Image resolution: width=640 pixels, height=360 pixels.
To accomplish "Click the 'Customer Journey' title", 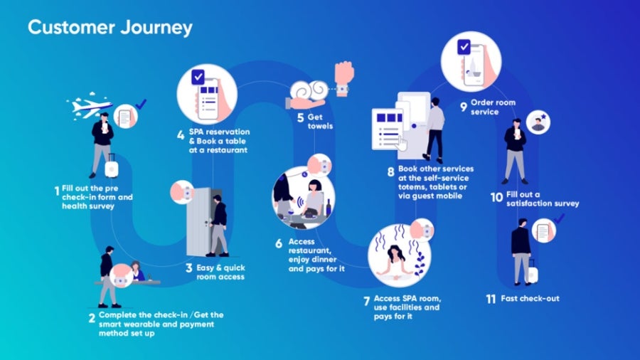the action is point(110,28).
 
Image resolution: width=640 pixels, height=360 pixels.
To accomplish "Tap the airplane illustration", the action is point(90,107).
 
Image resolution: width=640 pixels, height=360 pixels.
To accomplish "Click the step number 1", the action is point(57,191).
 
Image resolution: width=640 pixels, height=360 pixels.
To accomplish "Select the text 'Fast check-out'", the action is point(530,298).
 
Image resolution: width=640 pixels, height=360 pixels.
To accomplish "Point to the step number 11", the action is point(491,300).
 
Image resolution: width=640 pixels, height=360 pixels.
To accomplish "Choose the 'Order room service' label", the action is point(493,107).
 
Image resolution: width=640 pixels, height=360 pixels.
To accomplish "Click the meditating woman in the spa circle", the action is point(393,263).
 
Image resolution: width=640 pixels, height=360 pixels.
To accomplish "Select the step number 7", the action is point(366,301).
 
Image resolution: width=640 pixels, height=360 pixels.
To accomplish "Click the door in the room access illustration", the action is point(200,222).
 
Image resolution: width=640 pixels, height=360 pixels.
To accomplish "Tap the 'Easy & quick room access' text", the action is point(220,272).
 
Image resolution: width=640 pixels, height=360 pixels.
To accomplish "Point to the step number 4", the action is point(181,135).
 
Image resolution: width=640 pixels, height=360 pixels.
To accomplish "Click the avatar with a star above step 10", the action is point(538,122).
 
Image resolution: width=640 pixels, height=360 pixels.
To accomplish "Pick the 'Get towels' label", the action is point(320,122).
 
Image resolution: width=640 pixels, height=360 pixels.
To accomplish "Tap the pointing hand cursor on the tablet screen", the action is point(402,143).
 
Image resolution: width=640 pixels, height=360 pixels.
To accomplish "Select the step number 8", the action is point(390,172).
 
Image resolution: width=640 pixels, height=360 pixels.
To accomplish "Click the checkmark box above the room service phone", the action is point(464,47).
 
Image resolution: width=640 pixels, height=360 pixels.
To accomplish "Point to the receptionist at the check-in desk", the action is point(137,271).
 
